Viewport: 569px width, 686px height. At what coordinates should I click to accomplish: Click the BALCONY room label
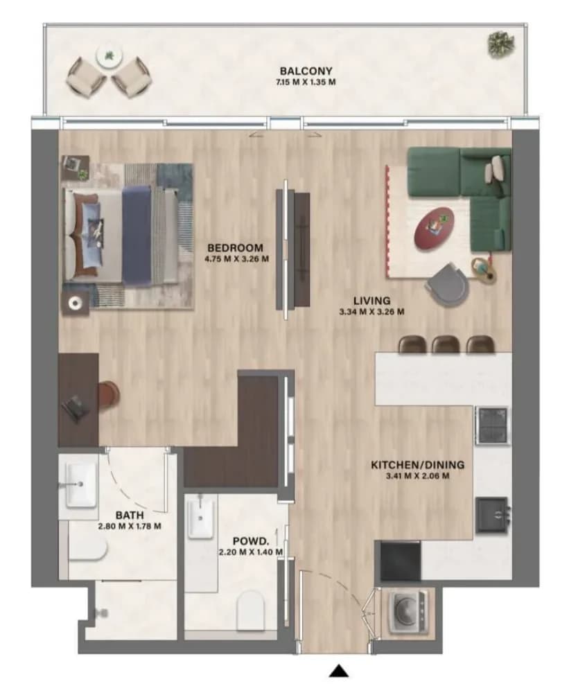(306, 71)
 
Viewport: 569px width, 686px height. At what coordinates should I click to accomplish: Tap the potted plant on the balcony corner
(501, 44)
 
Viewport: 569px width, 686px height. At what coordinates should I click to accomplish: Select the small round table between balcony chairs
(110, 56)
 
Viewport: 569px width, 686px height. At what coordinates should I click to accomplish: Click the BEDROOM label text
(236, 247)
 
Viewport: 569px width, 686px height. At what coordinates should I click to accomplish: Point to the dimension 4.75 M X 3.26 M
(236, 259)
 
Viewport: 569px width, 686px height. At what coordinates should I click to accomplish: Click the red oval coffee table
(434, 229)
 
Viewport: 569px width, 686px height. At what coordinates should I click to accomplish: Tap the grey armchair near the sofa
(446, 284)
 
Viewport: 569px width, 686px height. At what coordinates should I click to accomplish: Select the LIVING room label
(371, 301)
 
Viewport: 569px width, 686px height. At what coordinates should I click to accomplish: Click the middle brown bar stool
(446, 344)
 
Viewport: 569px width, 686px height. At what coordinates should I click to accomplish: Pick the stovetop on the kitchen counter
(493, 425)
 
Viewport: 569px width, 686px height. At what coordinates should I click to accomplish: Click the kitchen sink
(493, 516)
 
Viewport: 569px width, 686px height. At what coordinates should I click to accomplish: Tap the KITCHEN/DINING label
(417, 465)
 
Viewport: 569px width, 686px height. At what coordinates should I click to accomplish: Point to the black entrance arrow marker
(338, 671)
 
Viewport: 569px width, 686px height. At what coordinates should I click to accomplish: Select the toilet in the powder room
(250, 610)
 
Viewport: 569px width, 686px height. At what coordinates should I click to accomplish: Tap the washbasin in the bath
(81, 485)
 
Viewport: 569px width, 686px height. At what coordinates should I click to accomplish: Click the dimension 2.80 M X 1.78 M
(130, 527)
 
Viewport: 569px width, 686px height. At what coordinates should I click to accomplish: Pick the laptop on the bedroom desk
(76, 408)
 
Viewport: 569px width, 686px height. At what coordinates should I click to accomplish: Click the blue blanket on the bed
(137, 234)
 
